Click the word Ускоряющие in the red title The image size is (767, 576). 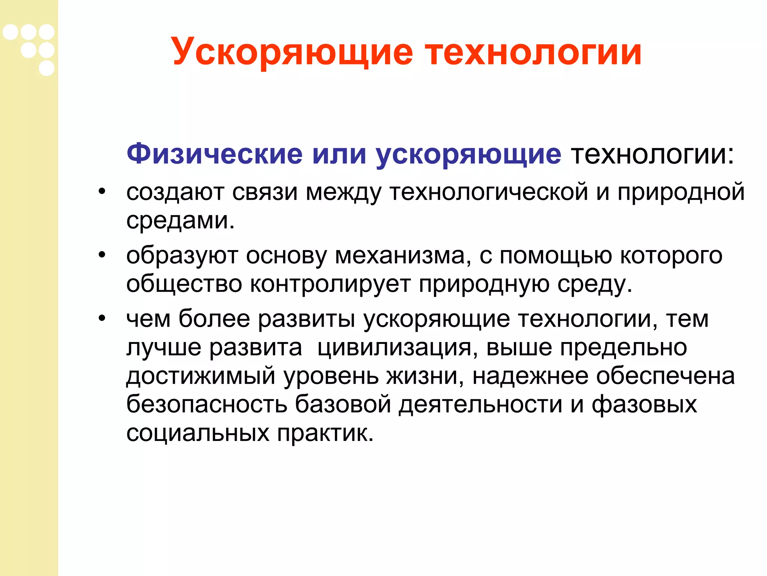tap(292, 52)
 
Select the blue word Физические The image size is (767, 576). tap(215, 154)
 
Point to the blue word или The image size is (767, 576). tap(339, 154)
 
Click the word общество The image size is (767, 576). tap(184, 284)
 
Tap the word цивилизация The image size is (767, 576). tap(397, 348)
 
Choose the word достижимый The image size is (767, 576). tap(201, 376)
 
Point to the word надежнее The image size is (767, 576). tap(530, 376)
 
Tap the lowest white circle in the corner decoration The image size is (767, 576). tap(46, 68)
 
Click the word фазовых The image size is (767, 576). tap(644, 405)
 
